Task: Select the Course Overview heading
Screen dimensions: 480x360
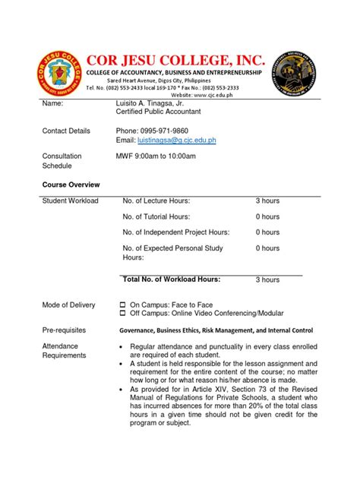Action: (x=71, y=185)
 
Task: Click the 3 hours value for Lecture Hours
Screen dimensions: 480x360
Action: (x=267, y=201)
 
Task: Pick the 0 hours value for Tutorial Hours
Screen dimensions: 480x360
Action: (x=267, y=216)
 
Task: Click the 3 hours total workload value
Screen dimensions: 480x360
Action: (x=267, y=280)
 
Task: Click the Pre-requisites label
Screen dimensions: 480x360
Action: (x=64, y=331)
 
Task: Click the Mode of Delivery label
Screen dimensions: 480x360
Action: (x=68, y=305)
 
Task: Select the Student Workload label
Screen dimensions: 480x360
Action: (x=70, y=201)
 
